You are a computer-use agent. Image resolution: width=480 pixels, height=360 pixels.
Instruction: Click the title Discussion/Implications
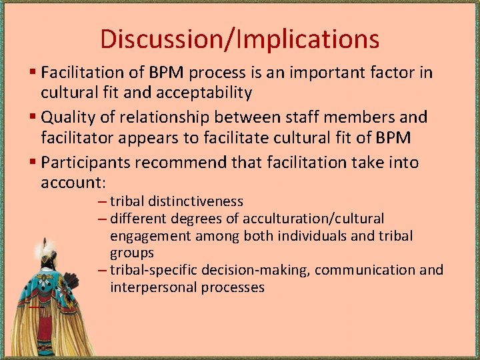click(x=239, y=39)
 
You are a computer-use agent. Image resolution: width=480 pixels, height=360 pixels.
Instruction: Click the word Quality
click(x=67, y=117)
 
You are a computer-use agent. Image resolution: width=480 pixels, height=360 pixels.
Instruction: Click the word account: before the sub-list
click(x=74, y=183)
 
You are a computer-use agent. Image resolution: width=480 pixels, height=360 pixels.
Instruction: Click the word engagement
click(x=148, y=236)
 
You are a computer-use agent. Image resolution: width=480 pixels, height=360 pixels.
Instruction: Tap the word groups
click(x=132, y=253)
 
